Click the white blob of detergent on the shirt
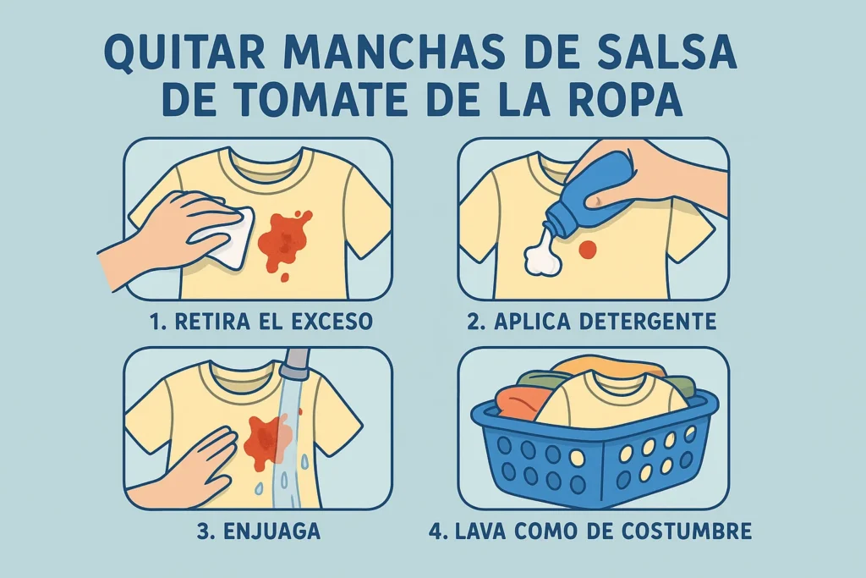[x=543, y=255]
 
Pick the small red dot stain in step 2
[x=588, y=250]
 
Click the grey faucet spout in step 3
[x=294, y=363]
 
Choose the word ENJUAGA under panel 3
[x=271, y=531]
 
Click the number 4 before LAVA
[x=436, y=531]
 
